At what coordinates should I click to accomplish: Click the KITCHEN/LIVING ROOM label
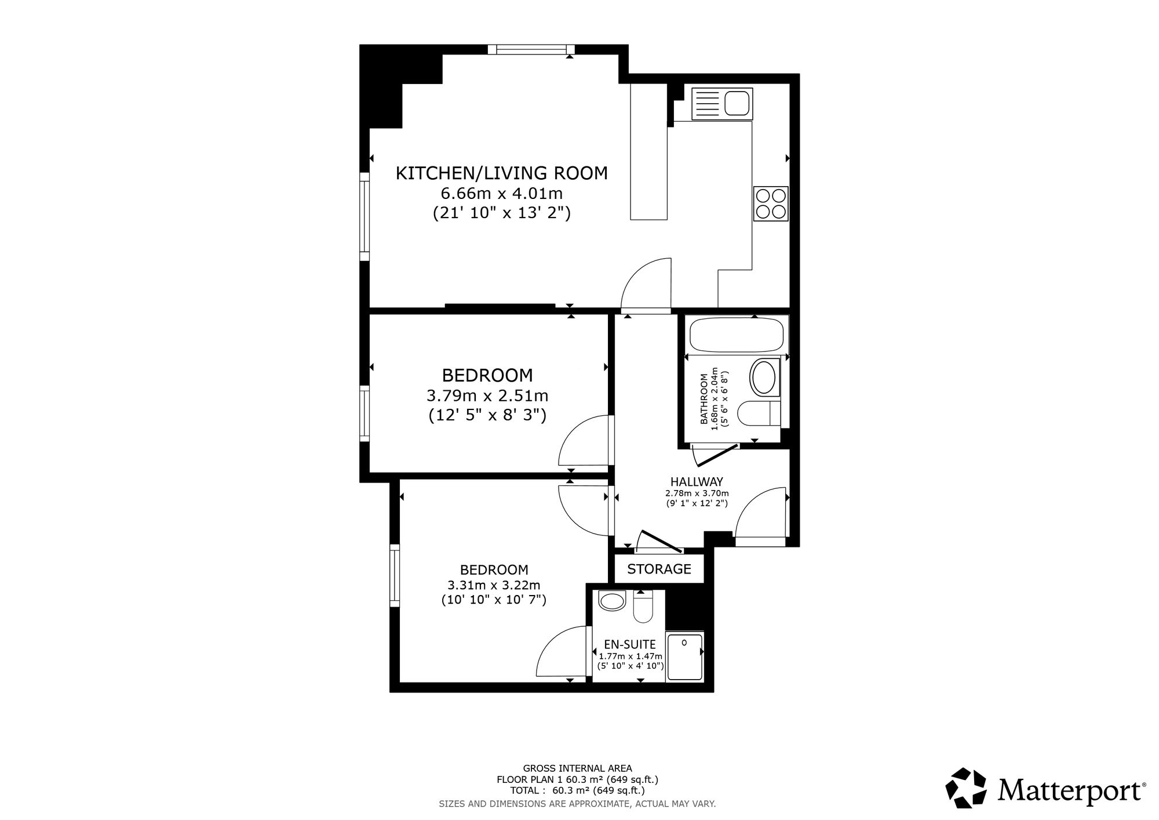click(x=502, y=173)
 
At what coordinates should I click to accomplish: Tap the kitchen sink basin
click(x=738, y=103)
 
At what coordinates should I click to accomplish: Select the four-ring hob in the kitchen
click(x=771, y=204)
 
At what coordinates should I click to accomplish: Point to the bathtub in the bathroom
click(x=737, y=335)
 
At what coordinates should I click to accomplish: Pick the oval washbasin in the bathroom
click(x=765, y=378)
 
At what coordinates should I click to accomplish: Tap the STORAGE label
click(x=659, y=569)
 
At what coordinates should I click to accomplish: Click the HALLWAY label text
click(x=697, y=481)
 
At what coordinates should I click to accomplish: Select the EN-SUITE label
click(x=630, y=644)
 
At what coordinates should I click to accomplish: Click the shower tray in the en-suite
click(x=684, y=656)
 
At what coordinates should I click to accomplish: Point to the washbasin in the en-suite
click(x=611, y=601)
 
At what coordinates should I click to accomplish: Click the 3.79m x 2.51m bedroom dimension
click(x=487, y=396)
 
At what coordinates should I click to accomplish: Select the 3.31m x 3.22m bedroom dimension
click(x=494, y=585)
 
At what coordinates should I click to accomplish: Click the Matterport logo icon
click(x=966, y=788)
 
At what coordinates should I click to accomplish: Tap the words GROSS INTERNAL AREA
click(x=577, y=769)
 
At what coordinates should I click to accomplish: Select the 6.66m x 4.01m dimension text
click(x=502, y=193)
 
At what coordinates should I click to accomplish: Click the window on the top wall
click(x=531, y=49)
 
